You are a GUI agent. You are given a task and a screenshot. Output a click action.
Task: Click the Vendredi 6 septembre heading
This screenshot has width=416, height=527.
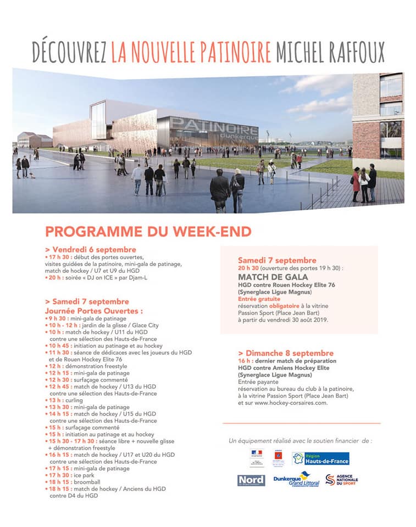click(x=91, y=249)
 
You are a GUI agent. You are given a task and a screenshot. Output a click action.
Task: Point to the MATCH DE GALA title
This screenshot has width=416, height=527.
click(x=263, y=277)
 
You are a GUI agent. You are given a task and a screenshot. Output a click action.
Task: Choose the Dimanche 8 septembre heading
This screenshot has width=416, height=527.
click(x=286, y=353)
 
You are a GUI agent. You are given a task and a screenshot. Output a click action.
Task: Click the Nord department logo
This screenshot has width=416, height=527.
click(x=251, y=480)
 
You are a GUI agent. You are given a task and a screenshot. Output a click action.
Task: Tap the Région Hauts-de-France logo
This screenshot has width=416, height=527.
click(x=321, y=458)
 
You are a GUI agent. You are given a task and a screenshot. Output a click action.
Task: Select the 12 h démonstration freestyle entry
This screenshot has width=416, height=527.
click(x=88, y=366)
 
